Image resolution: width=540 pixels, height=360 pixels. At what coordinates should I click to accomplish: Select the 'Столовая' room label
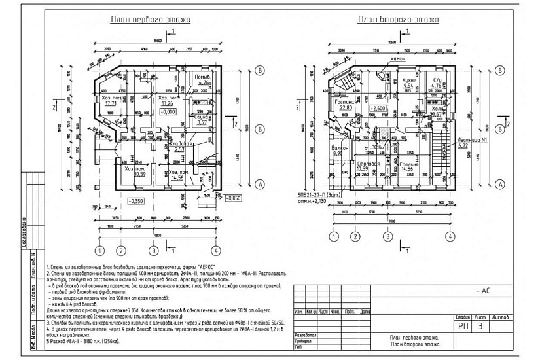click(x=370, y=164)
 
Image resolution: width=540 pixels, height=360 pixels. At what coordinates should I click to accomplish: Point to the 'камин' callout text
click(x=399, y=59)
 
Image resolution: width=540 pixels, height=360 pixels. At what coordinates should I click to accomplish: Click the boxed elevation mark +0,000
click(x=169, y=112)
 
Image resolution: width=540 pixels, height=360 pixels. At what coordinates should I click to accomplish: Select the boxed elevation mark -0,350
click(x=136, y=200)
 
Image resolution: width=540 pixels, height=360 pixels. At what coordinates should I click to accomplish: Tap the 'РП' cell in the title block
click(x=463, y=325)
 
